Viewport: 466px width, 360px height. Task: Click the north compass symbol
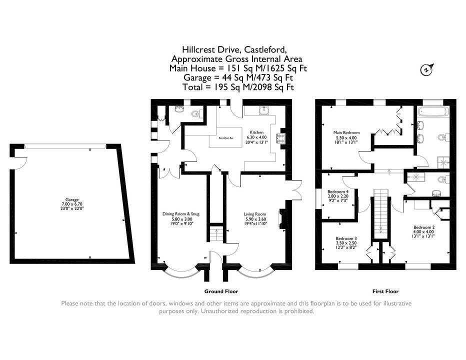[427, 69]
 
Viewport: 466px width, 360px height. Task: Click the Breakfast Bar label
[226, 138]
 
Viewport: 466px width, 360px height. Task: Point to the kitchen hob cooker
[280, 138]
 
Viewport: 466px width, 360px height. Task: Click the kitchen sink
[264, 110]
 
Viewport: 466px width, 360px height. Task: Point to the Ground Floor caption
[221, 291]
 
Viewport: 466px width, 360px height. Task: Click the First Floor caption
[385, 291]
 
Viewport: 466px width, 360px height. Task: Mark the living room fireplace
[280, 219]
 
